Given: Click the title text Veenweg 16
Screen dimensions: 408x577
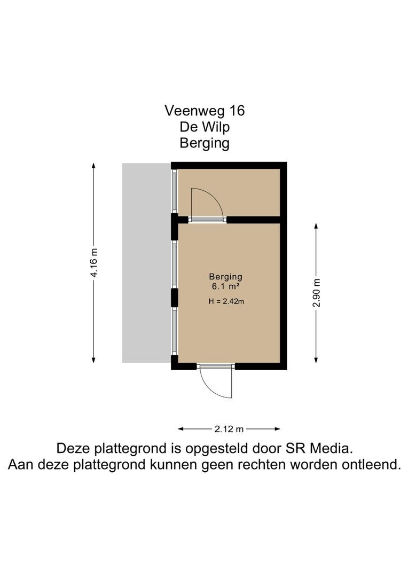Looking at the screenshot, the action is (x=205, y=111).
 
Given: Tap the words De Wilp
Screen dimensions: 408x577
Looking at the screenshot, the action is (x=205, y=127).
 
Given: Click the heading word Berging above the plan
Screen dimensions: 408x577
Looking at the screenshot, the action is (x=205, y=143).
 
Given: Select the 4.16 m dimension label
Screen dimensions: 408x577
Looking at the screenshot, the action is (x=95, y=263).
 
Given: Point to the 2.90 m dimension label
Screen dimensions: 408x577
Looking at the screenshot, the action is (x=317, y=293).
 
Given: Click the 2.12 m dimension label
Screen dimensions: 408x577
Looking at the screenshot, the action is (x=229, y=429).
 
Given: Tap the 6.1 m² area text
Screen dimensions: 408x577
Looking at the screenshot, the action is (x=226, y=286).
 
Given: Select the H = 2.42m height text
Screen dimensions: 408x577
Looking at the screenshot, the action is (x=226, y=301).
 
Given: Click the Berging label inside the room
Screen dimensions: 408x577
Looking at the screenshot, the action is (x=225, y=276).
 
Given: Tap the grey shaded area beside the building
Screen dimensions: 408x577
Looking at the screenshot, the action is (x=147, y=263).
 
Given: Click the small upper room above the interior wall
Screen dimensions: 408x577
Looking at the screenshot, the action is (x=229, y=192).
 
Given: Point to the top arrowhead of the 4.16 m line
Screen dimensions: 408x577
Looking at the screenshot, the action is (x=94, y=165).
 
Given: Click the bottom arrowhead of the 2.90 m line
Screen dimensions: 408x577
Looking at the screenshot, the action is (x=316, y=360).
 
